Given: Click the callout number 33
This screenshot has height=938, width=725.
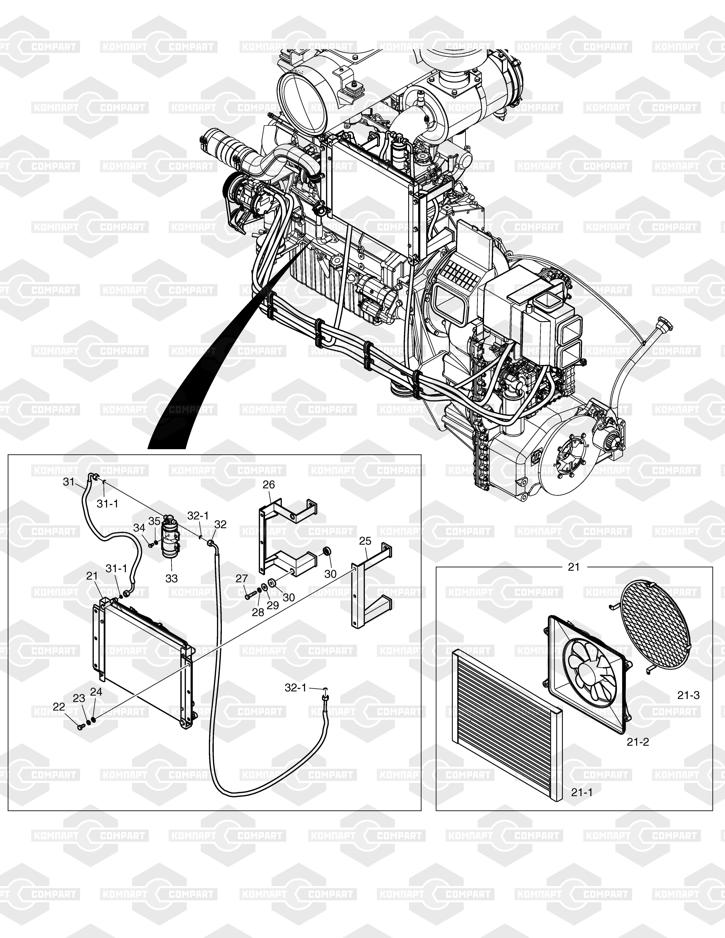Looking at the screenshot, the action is (x=171, y=579).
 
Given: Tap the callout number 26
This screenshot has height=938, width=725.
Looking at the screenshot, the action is (x=269, y=485).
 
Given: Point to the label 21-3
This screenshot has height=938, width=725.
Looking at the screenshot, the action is (x=689, y=695).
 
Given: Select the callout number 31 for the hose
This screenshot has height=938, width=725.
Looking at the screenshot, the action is (x=69, y=482).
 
